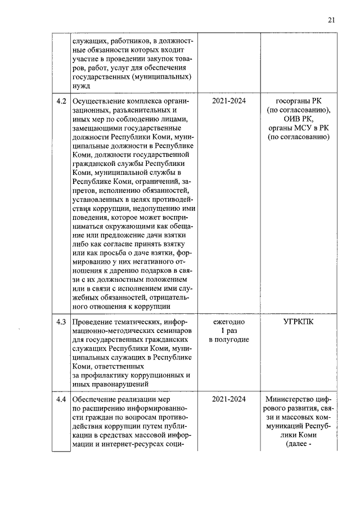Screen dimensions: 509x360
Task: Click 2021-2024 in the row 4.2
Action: (x=228, y=101)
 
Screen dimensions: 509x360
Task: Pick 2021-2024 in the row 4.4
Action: (x=228, y=399)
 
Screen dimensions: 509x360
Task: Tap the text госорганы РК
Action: (x=298, y=101)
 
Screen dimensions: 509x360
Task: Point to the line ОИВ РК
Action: (x=298, y=119)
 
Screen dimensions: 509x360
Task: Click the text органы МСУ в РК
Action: (x=298, y=128)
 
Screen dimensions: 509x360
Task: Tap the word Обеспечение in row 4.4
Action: (x=95, y=399)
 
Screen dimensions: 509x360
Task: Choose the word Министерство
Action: (x=292, y=399)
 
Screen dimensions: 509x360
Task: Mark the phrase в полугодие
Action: (x=228, y=339)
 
